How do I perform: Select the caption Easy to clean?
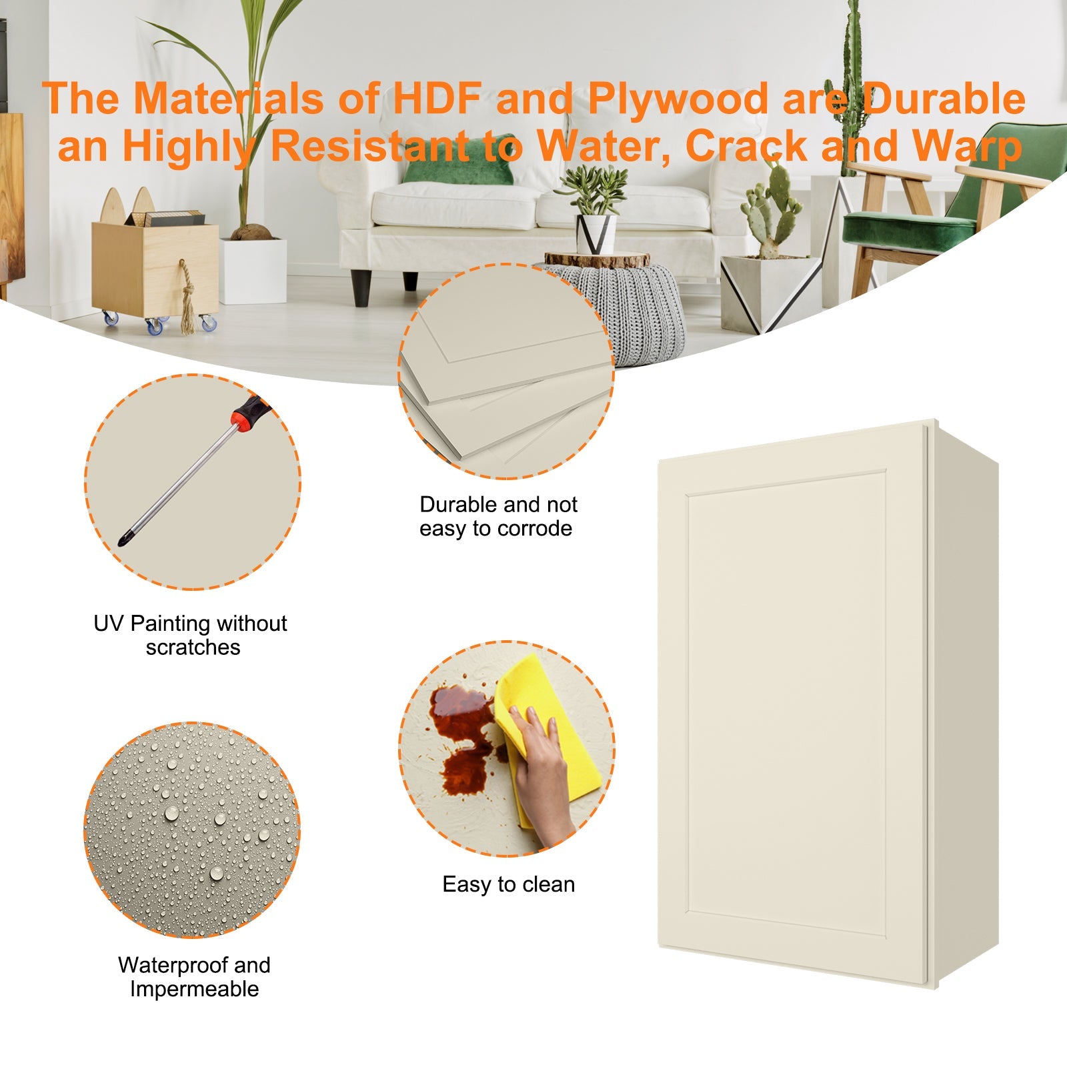pyautogui.click(x=508, y=884)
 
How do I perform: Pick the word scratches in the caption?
pyautogui.click(x=193, y=648)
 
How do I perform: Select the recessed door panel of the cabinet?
pyautogui.click(x=787, y=700)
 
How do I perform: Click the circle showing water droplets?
pyautogui.click(x=192, y=830)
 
